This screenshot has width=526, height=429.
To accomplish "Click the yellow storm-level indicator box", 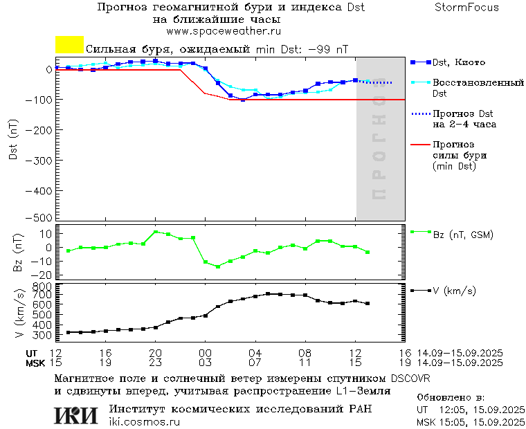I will click(x=69, y=45).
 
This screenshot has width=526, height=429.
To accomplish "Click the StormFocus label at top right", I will click(x=466, y=8).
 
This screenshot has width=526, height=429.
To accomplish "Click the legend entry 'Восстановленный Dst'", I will click(x=478, y=87).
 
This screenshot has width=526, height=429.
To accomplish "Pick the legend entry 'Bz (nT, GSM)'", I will click(x=462, y=235).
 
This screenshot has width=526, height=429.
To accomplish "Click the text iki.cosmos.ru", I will click(x=144, y=422).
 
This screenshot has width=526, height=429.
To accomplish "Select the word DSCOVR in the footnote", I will click(x=410, y=378).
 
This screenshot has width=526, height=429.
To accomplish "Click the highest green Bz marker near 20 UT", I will click(x=155, y=232).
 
